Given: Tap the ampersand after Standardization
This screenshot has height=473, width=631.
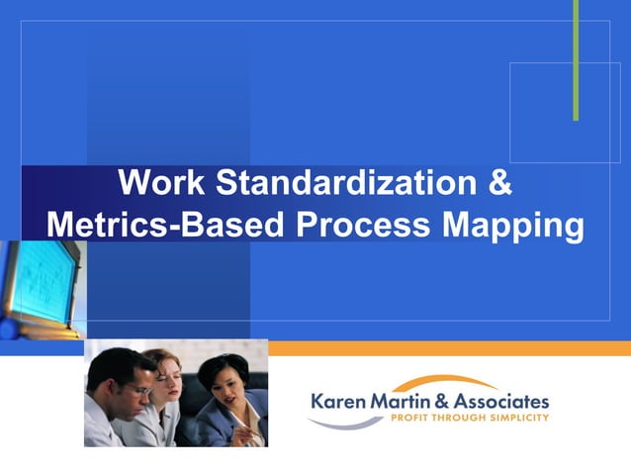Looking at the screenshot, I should click(x=501, y=184).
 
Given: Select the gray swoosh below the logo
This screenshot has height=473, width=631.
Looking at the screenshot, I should click(x=345, y=424).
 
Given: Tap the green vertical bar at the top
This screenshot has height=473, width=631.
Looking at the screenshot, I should click(x=576, y=59).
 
